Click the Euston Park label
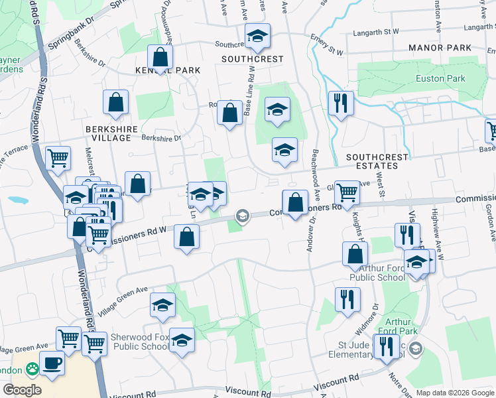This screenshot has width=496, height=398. coord(440,78)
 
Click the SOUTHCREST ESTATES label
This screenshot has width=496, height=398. coord(377,161)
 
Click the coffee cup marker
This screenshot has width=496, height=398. coord(52,363)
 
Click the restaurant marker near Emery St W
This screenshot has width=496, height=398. coord(340,103)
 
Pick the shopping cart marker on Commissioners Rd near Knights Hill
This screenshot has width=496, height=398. coord(346,193)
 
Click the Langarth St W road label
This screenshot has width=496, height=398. coord(376,31)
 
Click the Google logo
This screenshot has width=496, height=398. coord(23,390)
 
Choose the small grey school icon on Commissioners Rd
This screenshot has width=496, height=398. coord(242,215)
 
